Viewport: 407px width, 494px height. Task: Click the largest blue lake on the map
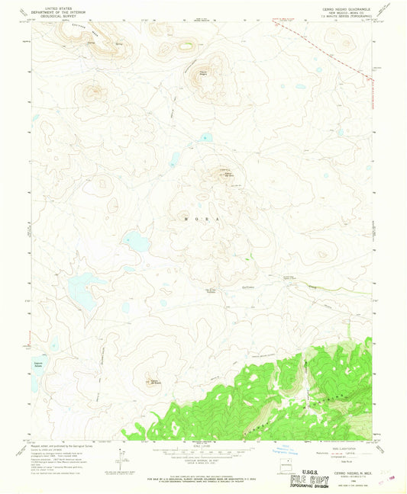tap(82, 287)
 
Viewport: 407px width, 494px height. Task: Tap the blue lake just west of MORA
tap(137, 242)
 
